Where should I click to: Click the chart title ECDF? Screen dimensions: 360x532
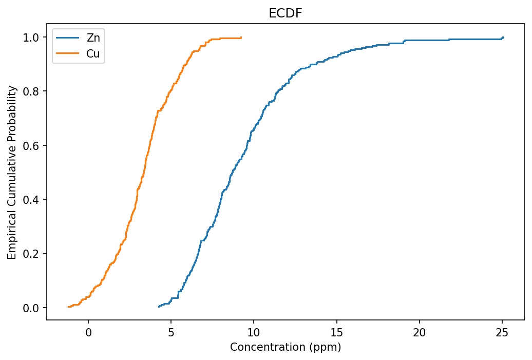coord(286,14)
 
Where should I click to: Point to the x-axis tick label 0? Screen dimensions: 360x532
coord(88,332)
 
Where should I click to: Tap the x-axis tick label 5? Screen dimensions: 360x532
coord(171,332)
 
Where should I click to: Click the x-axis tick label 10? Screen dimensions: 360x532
coord(254,332)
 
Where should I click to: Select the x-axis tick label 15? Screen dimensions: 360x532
coord(336,332)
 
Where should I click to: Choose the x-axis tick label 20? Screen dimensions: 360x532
coord(420,332)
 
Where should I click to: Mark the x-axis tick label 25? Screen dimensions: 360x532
coord(502,332)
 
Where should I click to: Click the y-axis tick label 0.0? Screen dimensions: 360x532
coord(32,308)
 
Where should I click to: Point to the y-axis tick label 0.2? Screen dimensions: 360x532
coord(32,254)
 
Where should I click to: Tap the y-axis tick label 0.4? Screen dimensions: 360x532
coord(32,200)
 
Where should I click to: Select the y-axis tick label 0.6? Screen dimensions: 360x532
coord(32,145)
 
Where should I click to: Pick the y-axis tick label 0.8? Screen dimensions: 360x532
coord(32,91)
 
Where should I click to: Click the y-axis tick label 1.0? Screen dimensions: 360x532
coord(32,37)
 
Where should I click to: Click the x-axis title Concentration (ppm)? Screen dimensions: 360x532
coord(286,347)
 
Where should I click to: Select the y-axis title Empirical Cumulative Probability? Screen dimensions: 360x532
coord(12,172)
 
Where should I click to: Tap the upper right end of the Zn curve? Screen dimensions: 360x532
coord(503,37)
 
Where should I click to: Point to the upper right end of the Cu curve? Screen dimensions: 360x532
coord(241,37)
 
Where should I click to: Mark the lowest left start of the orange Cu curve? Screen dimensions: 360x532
coord(68,307)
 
